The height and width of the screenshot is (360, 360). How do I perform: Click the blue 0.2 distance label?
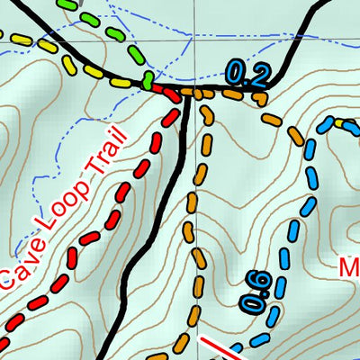point(247,74)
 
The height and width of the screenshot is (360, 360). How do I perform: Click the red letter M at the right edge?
point(351,267)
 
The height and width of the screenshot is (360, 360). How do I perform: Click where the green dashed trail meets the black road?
point(145,83)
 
